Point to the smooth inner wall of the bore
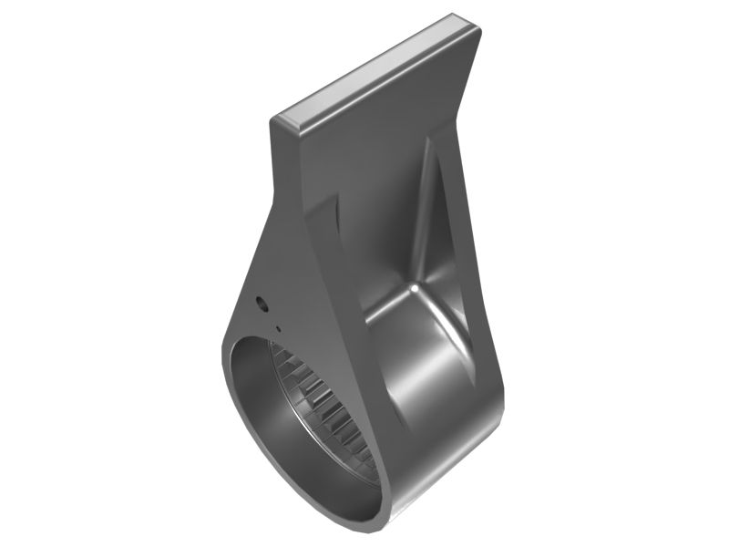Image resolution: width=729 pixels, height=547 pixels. pyautogui.click(x=260, y=410)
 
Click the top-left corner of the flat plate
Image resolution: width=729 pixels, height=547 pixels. pyautogui.click(x=273, y=119)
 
